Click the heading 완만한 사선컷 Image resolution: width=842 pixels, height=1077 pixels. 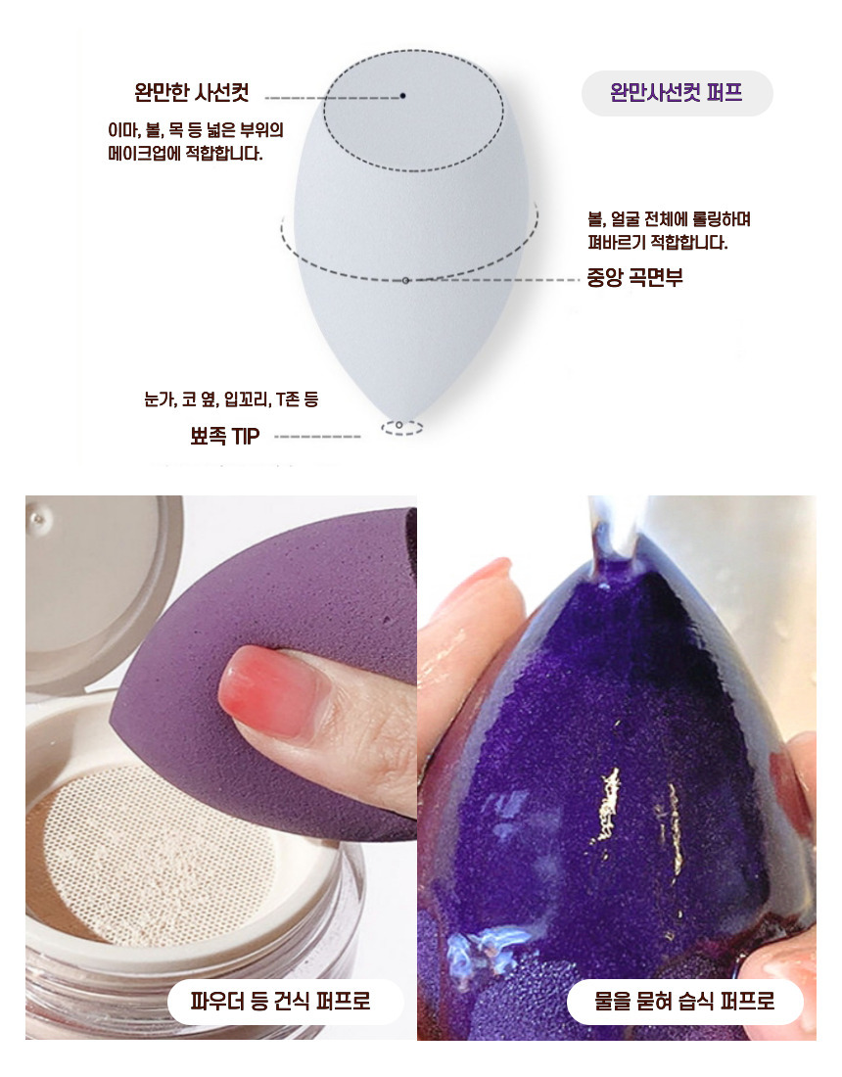(x=192, y=92)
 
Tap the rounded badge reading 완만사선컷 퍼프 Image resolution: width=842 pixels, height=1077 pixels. (x=678, y=93)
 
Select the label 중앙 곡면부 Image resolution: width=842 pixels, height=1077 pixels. (x=634, y=277)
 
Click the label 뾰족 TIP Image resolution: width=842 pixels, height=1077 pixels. (x=224, y=436)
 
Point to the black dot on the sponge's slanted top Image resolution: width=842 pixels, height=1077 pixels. (x=403, y=96)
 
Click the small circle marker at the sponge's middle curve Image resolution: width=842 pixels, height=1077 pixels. (x=406, y=280)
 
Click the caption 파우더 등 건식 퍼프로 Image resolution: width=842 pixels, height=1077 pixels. (x=281, y=1001)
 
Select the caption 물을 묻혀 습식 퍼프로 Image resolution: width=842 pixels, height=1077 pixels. (x=684, y=1001)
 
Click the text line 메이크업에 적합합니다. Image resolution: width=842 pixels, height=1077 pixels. (x=185, y=153)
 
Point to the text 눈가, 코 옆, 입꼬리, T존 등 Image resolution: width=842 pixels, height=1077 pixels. (x=231, y=399)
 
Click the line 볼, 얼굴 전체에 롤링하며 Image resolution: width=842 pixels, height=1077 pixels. (x=669, y=219)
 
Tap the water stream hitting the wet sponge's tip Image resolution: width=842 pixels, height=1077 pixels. (x=615, y=529)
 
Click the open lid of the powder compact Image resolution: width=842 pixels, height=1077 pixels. (x=96, y=590)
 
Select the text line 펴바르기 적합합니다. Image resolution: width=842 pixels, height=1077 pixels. (x=658, y=242)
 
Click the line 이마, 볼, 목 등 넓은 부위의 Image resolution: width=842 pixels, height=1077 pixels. (x=196, y=130)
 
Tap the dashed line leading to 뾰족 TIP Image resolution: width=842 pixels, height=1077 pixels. (x=317, y=436)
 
